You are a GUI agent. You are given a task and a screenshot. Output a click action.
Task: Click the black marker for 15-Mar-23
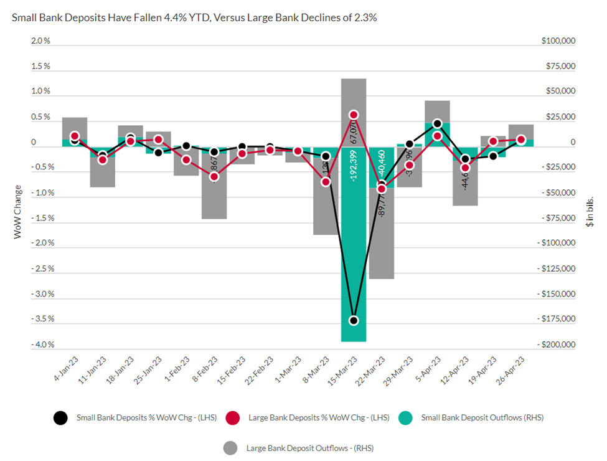[354, 320]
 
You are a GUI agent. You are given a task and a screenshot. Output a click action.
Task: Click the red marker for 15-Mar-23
[354, 115]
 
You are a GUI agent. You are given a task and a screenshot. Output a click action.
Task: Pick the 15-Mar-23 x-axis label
[344, 369]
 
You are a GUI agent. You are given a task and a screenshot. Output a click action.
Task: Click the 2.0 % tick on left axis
[40, 41]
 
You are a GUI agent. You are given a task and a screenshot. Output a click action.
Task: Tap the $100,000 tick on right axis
[558, 41]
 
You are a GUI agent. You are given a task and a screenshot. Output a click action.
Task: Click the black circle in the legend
[60, 418]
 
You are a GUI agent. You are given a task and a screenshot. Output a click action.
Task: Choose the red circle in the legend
[232, 418]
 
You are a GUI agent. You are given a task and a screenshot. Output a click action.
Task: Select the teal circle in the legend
[405, 418]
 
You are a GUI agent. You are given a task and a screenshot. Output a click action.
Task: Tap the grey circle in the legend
[230, 447]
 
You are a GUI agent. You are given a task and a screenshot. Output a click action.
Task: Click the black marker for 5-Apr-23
[438, 124]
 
